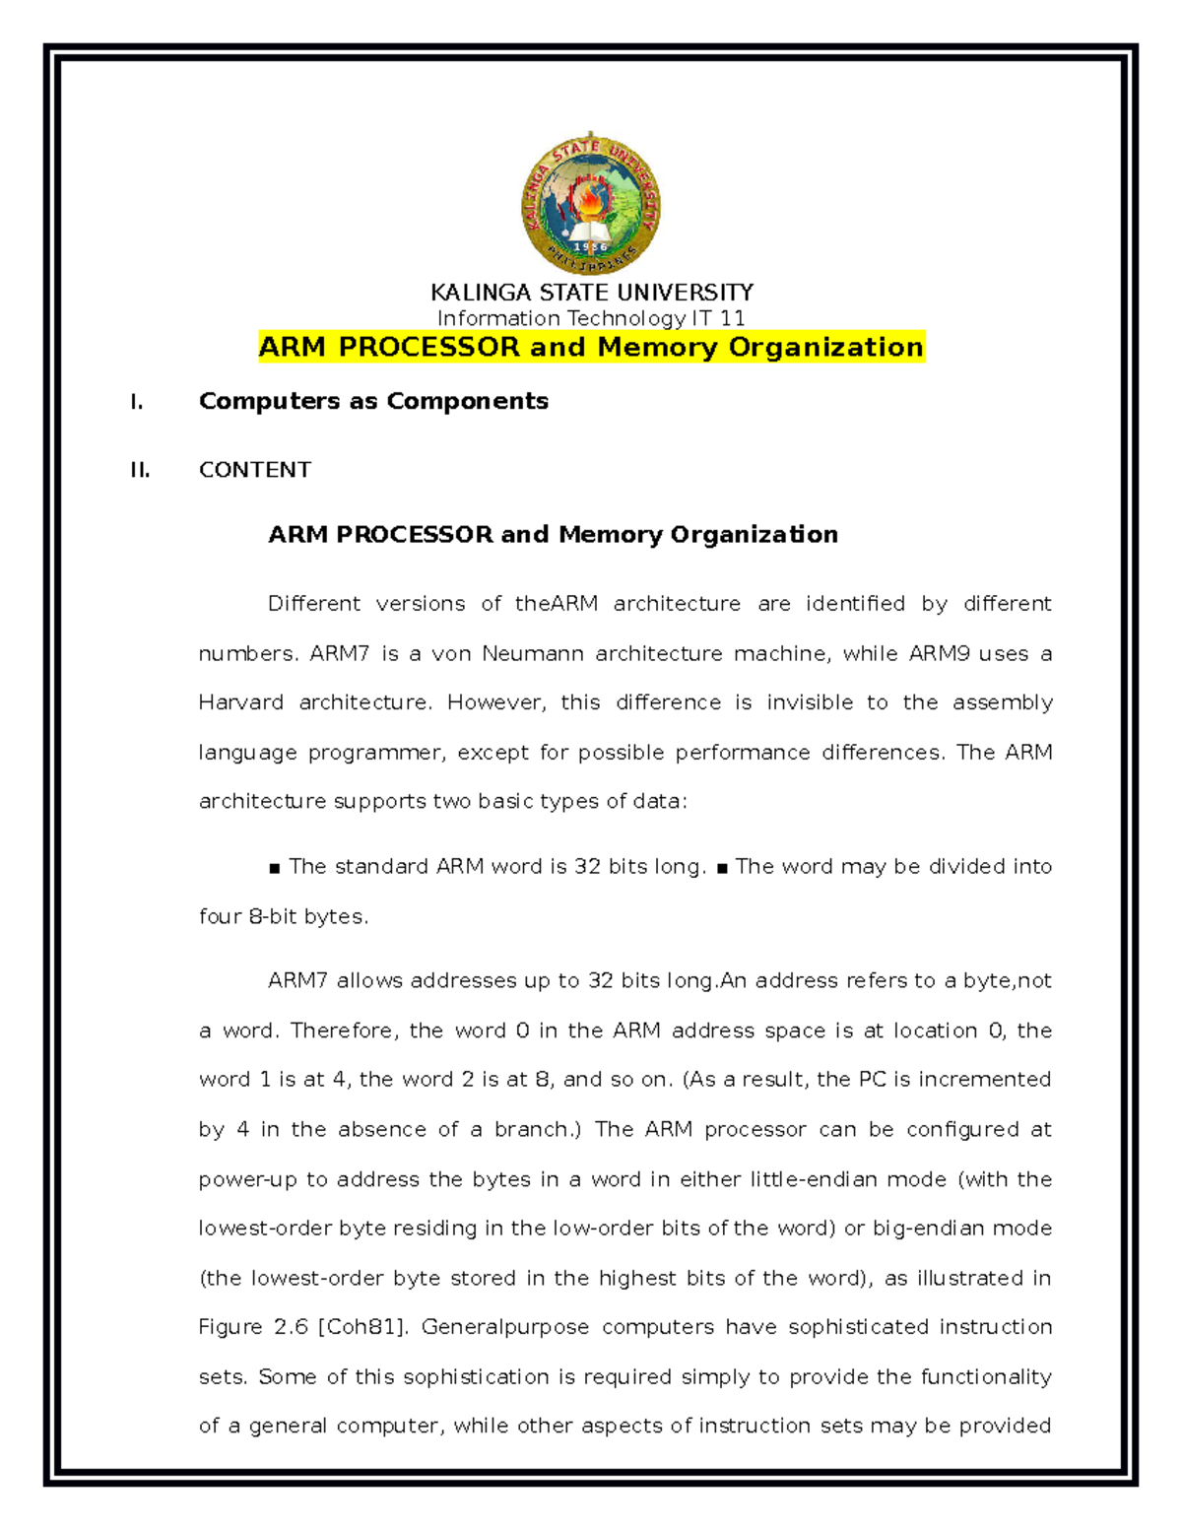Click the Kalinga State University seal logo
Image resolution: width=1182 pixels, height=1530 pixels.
click(x=591, y=205)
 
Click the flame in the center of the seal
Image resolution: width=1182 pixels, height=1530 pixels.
click(x=591, y=201)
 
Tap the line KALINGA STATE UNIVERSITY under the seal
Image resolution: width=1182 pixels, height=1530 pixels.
click(x=591, y=293)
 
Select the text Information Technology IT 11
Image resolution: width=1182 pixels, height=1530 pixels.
click(x=591, y=318)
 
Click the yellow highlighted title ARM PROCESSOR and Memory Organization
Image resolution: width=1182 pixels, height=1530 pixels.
click(x=591, y=347)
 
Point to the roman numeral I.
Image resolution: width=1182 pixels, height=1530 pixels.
click(x=137, y=402)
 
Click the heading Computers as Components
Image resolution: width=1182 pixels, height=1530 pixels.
click(x=373, y=401)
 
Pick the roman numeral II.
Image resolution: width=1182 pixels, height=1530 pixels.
click(x=140, y=470)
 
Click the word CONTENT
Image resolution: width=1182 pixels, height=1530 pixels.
click(x=255, y=470)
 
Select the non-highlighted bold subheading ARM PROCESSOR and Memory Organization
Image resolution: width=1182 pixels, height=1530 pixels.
click(x=553, y=534)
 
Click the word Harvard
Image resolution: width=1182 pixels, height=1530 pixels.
click(x=240, y=703)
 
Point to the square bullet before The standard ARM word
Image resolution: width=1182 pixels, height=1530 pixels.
click(x=274, y=869)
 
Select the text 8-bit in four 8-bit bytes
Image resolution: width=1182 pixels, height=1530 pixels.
click(x=273, y=917)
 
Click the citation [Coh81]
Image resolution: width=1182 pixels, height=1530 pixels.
click(x=362, y=1327)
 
